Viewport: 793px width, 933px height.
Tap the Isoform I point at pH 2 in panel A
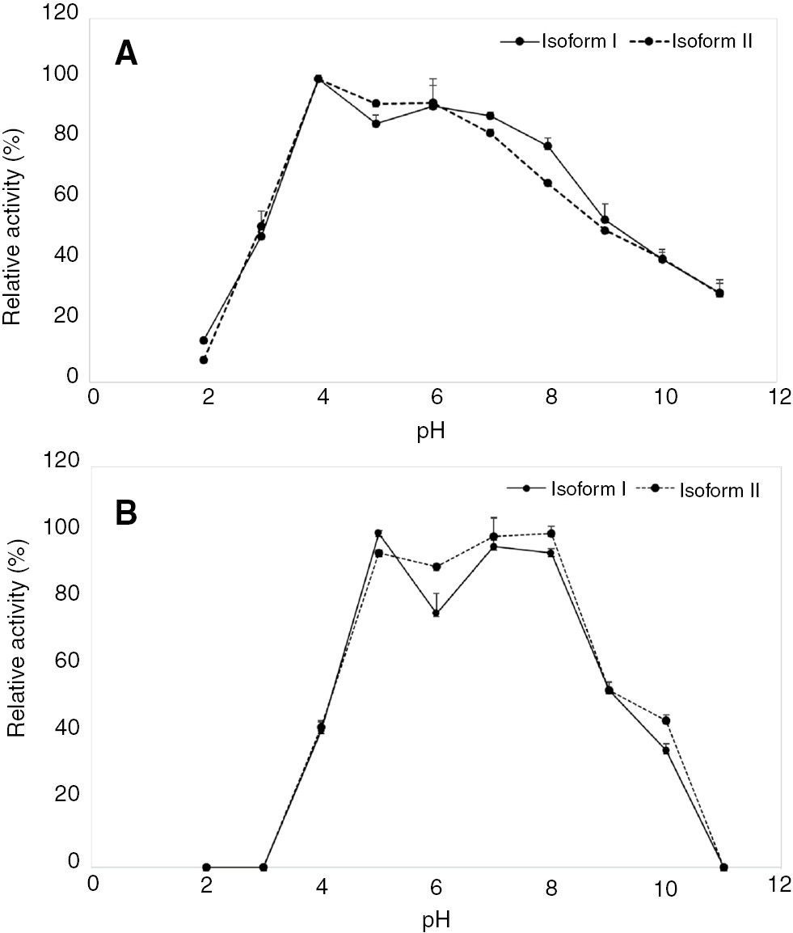(204, 340)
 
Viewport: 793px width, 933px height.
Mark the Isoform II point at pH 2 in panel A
(204, 360)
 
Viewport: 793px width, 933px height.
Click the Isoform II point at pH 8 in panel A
(547, 184)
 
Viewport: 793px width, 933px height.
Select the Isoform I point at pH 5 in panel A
(376, 124)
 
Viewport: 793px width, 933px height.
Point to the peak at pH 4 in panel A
(318, 79)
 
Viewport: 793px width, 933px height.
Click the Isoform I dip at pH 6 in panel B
(436, 613)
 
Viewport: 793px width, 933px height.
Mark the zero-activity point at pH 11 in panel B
(723, 867)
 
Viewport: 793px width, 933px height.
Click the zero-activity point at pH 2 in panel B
(206, 867)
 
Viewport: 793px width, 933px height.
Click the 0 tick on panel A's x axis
(95, 399)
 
